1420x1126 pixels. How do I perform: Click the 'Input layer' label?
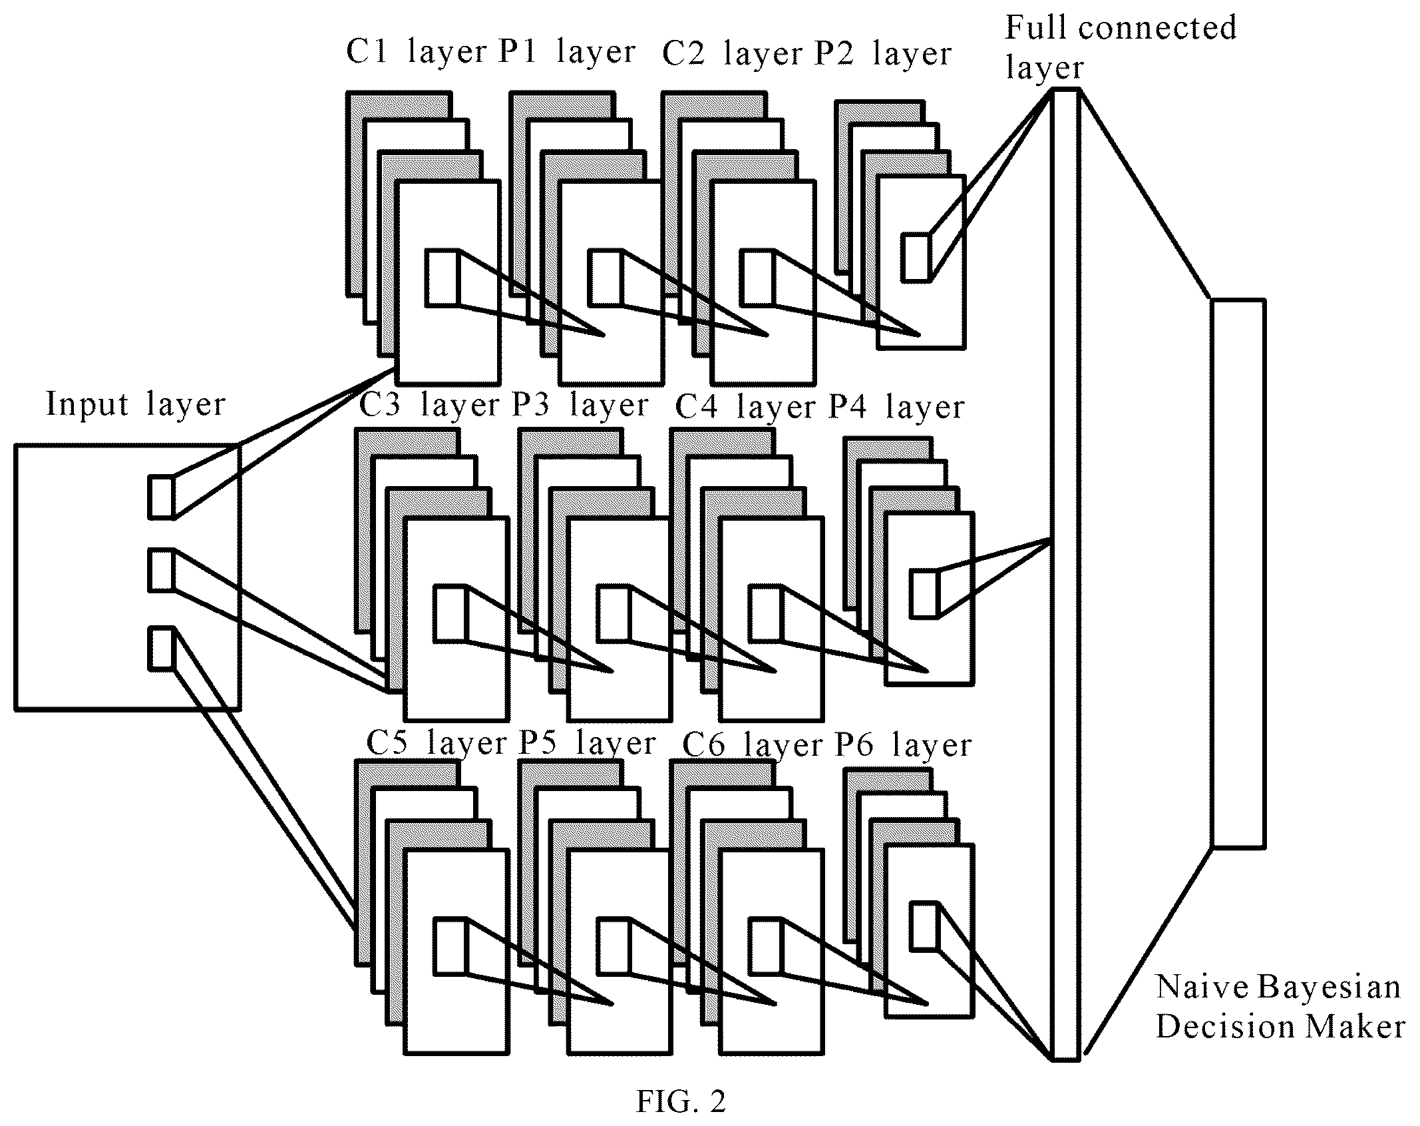tap(136, 404)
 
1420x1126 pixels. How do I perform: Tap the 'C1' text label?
tap(367, 51)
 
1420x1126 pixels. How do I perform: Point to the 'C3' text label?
tap(380, 406)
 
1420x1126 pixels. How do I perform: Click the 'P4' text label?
tap(848, 407)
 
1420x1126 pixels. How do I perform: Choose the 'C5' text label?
tap(387, 743)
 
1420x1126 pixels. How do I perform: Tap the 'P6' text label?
tap(855, 744)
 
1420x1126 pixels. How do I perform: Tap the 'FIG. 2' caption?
tap(681, 1101)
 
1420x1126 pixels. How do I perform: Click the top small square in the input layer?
tap(160, 497)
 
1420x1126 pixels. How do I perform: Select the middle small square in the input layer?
tap(160, 569)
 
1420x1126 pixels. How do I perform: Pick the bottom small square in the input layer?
tap(160, 647)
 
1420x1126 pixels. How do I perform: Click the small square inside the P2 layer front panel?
tap(916, 257)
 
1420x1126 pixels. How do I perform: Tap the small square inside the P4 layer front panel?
tap(924, 594)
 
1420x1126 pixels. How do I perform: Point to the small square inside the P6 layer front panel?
tap(924, 926)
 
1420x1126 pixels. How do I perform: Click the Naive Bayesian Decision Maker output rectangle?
tap(1238, 573)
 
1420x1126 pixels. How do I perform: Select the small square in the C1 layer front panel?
tap(442, 278)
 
